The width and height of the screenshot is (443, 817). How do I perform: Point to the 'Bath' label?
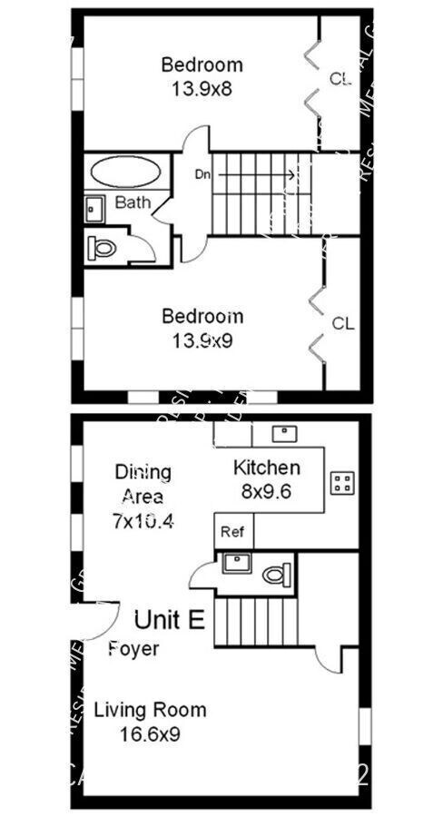tap(133, 203)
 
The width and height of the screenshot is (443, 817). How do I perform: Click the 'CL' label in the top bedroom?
tap(340, 79)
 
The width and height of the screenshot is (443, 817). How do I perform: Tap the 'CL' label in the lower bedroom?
tap(342, 323)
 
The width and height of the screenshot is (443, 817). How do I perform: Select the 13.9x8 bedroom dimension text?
tap(202, 89)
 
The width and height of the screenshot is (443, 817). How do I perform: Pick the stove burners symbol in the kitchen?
tap(342, 482)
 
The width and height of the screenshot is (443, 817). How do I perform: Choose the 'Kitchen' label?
tap(267, 468)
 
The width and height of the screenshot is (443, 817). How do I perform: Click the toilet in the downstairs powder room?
tap(275, 573)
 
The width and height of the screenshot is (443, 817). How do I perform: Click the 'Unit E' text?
tap(170, 620)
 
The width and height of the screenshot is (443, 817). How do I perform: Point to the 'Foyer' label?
tap(133, 649)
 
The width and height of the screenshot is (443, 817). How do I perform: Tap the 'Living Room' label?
tap(150, 710)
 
